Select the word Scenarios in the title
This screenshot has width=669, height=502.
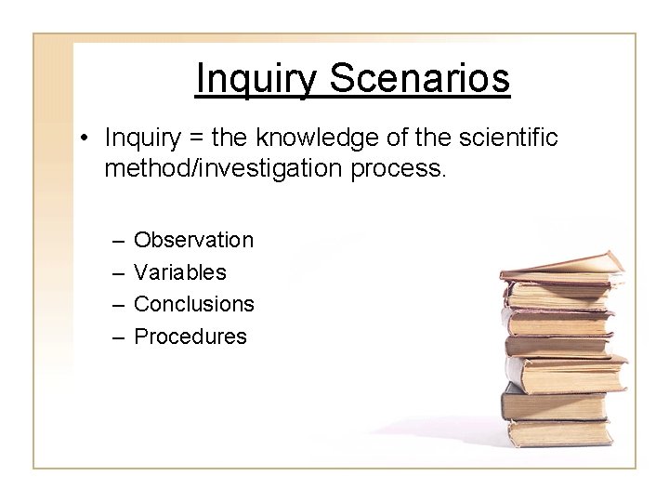419,79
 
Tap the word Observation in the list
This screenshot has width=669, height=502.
193,240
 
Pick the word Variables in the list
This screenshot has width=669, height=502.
180,272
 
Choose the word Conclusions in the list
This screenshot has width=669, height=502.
194,304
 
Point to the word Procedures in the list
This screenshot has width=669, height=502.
190,337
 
